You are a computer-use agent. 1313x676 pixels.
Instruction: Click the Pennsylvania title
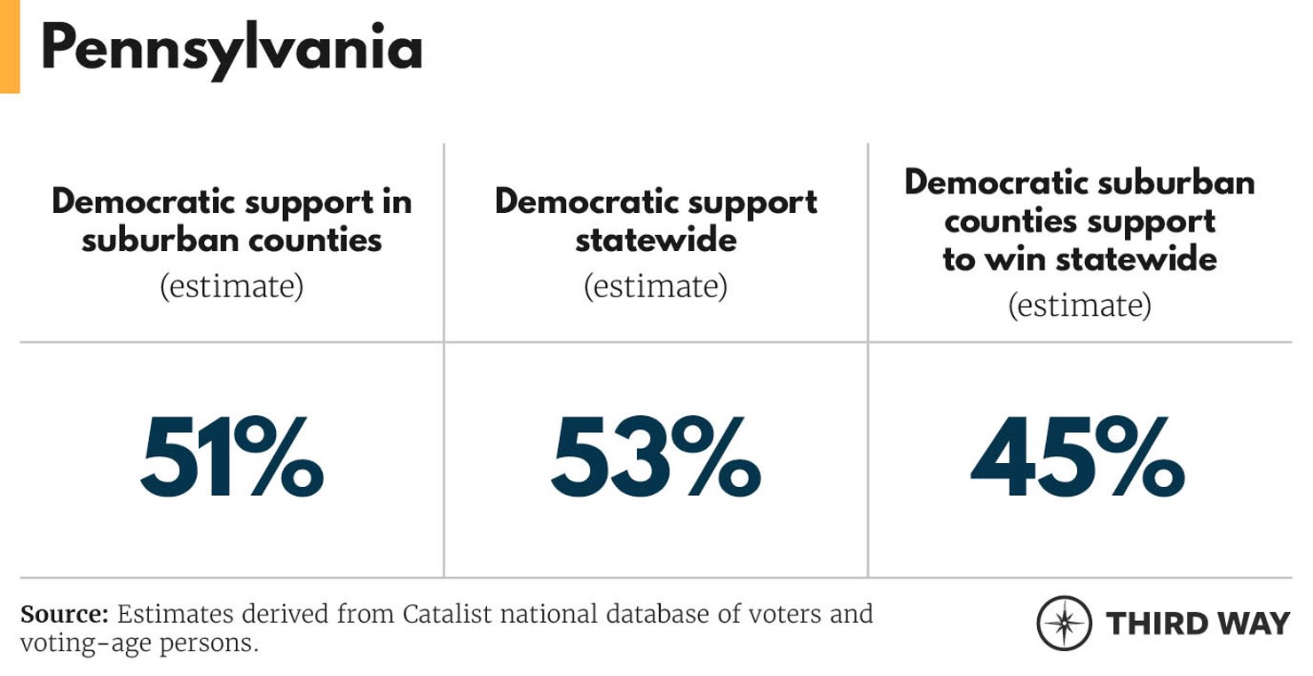point(232,49)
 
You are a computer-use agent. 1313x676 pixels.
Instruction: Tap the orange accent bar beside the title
point(9,46)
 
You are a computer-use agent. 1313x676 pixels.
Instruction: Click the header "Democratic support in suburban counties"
point(232,220)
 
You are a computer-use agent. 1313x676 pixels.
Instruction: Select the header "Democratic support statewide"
point(656,220)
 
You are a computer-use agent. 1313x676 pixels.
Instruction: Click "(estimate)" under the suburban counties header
point(232,287)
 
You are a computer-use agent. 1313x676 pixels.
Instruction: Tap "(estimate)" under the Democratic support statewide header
point(656,287)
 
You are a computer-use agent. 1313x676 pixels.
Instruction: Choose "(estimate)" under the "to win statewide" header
point(1080,305)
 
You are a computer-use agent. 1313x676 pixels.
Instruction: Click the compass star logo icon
point(1064,623)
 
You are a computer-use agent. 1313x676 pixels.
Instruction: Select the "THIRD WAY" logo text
point(1198,623)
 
